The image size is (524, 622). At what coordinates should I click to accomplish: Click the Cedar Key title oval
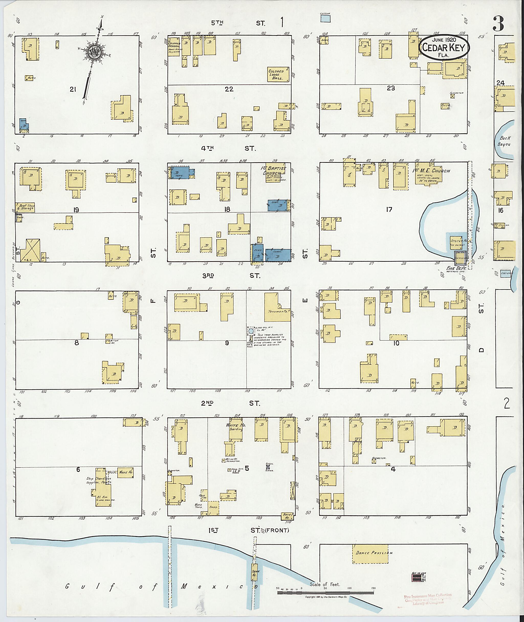point(444,48)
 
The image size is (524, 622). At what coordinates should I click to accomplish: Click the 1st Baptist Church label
point(274,171)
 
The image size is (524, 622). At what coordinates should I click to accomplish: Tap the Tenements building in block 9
point(277,307)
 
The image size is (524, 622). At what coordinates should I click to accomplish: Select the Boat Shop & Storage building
point(26,207)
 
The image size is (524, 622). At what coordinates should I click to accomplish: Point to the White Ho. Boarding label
point(235,427)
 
